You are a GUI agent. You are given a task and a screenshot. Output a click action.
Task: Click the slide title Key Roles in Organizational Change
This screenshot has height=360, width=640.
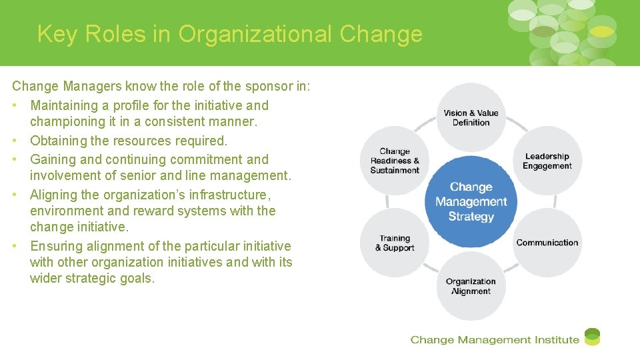click(x=229, y=34)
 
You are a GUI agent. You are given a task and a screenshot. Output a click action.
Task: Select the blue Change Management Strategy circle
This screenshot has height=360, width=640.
click(x=471, y=202)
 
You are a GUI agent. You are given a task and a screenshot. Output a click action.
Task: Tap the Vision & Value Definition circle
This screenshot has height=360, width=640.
click(x=471, y=117)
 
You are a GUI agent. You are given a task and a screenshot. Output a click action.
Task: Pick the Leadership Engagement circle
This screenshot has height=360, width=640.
click(x=547, y=161)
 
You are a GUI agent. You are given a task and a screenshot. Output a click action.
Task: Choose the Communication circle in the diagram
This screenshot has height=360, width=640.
click(x=547, y=243)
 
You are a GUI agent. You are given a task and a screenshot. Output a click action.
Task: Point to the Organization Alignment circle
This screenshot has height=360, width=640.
click(x=471, y=286)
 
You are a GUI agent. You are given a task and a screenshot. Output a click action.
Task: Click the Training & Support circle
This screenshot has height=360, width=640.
click(x=395, y=243)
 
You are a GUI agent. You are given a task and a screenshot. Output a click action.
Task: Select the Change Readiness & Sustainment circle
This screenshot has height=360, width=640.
click(x=395, y=161)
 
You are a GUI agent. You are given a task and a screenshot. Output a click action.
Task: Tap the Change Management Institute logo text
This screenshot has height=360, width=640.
click(x=495, y=340)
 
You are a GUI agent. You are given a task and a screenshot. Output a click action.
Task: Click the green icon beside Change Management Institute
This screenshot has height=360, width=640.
click(x=592, y=337)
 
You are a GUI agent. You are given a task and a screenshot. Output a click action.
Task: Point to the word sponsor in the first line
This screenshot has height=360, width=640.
click(x=247, y=87)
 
